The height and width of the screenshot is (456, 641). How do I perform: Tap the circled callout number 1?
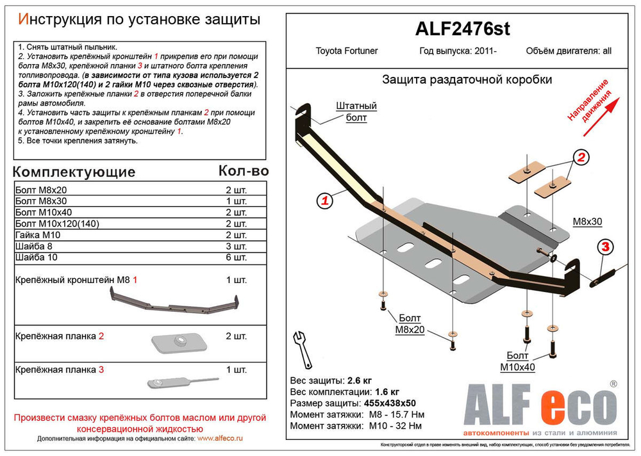pos(325,201)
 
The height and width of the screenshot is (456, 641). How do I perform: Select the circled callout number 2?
pos(579,158)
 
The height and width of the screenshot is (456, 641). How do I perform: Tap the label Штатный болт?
pos(355,111)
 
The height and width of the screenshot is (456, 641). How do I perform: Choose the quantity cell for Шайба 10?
pos(235,257)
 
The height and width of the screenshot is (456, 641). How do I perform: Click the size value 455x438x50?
pos(386,403)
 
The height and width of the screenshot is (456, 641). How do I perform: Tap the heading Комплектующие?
pos(74,172)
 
